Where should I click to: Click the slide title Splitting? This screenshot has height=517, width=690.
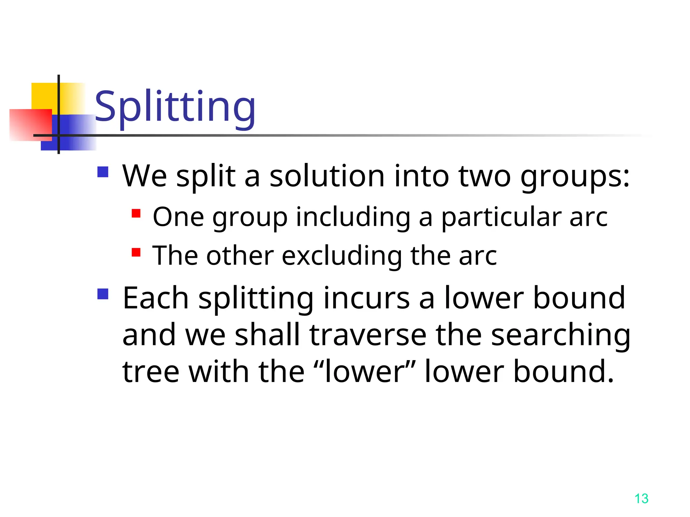coord(175,107)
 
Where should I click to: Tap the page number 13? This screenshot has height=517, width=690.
coord(641,498)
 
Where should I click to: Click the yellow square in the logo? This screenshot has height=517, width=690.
coord(44,96)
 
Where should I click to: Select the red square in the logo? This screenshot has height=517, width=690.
coord(30,125)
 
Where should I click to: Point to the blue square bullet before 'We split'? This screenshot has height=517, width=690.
coord(103,172)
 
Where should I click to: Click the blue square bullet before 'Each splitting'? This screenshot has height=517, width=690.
coord(103,294)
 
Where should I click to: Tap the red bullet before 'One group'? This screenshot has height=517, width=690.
coord(136,213)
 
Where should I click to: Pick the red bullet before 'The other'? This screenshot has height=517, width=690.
coord(136,252)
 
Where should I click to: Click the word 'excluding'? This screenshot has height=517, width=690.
coord(342,256)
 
